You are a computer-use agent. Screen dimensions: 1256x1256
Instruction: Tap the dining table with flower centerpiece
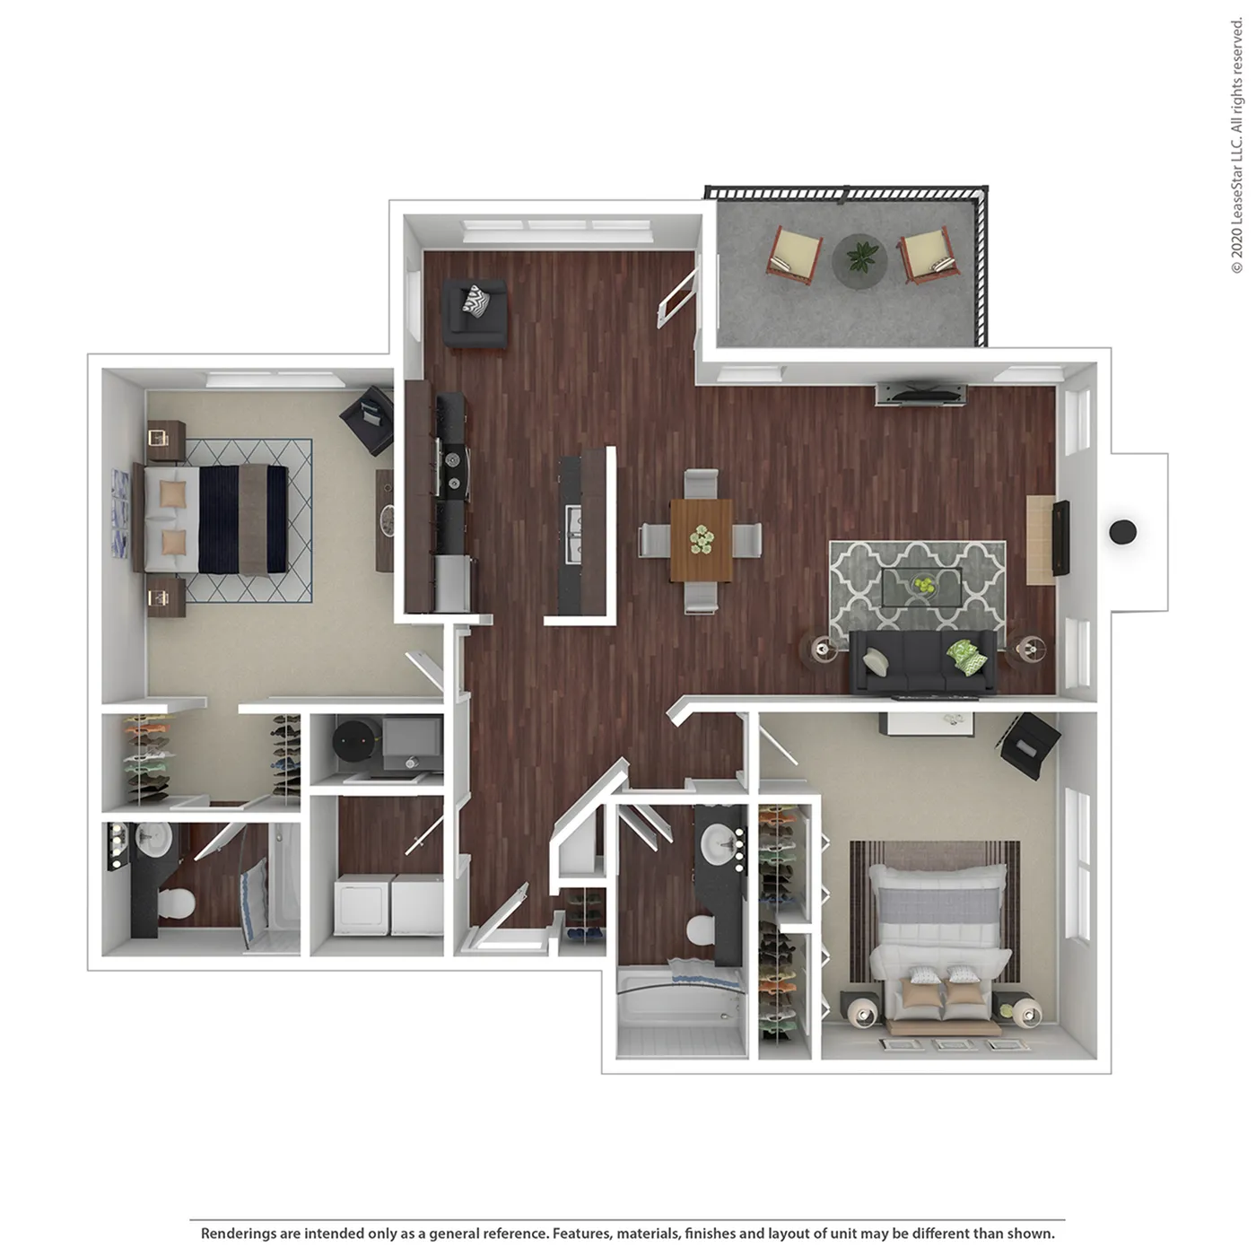point(702,540)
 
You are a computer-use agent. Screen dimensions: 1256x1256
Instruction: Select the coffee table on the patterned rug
point(921,588)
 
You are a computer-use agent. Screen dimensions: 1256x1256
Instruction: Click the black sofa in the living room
point(923,661)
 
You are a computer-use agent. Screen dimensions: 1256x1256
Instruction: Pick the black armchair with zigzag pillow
point(475,313)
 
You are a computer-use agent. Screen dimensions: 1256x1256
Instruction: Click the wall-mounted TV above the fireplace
point(1060,537)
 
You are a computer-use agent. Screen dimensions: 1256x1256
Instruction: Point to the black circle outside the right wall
point(1122,532)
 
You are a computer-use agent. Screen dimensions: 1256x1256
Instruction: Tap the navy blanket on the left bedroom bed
point(219,519)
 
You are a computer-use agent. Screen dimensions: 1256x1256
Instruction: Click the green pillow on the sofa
point(967,657)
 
